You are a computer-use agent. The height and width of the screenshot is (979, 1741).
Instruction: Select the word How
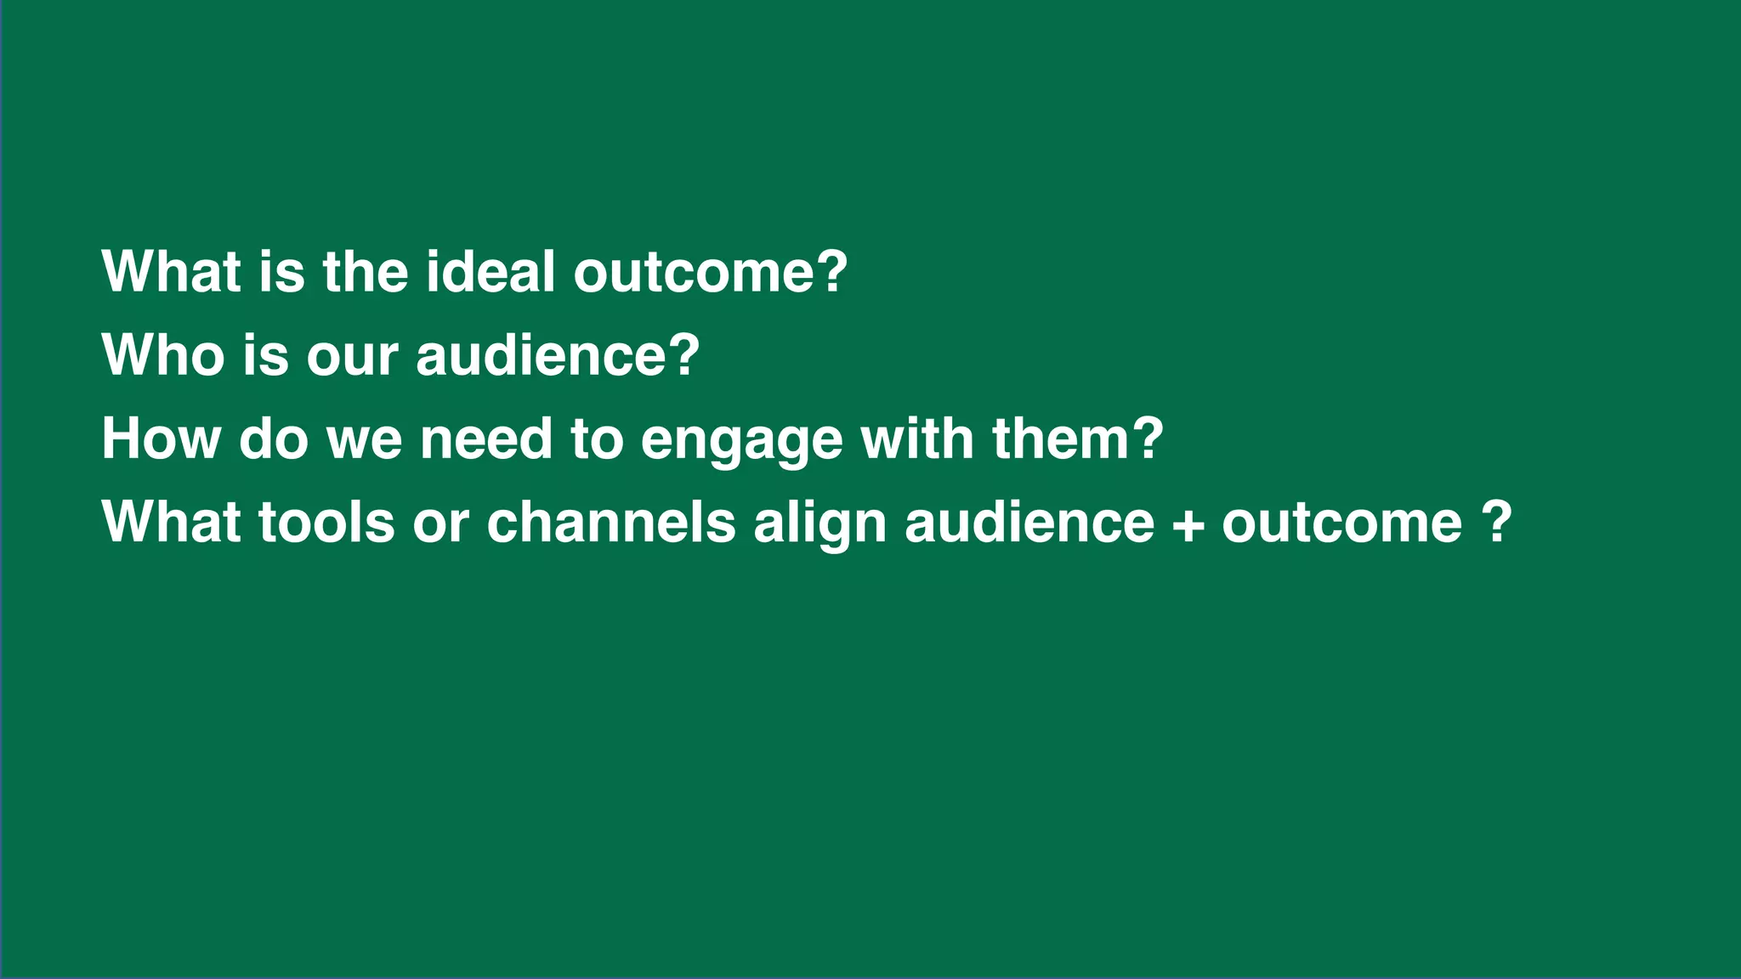[x=161, y=439]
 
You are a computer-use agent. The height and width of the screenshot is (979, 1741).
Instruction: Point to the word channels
[x=610, y=522]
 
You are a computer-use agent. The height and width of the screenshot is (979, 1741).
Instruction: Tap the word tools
[x=326, y=522]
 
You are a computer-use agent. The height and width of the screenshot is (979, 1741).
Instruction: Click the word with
[x=917, y=439]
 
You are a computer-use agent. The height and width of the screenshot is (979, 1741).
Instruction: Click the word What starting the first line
[x=171, y=272]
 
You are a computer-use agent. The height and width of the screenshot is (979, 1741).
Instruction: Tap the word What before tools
[x=171, y=522]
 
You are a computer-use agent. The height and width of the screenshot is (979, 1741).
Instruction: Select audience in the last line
[x=1029, y=522]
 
